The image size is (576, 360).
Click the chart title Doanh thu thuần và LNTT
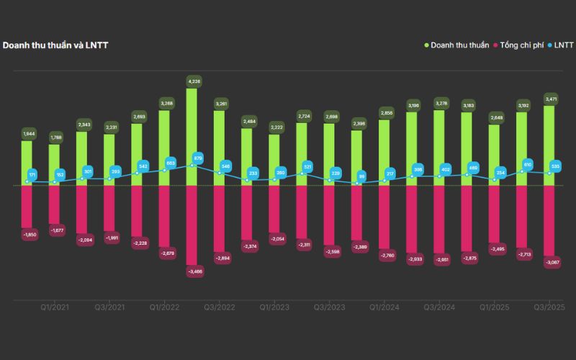(55, 45)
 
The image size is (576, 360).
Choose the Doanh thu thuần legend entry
(457, 45)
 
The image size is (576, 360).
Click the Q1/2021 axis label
(54, 307)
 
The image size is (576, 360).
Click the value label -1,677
(55, 230)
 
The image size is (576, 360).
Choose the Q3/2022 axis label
(220, 307)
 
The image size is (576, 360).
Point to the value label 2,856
(384, 113)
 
